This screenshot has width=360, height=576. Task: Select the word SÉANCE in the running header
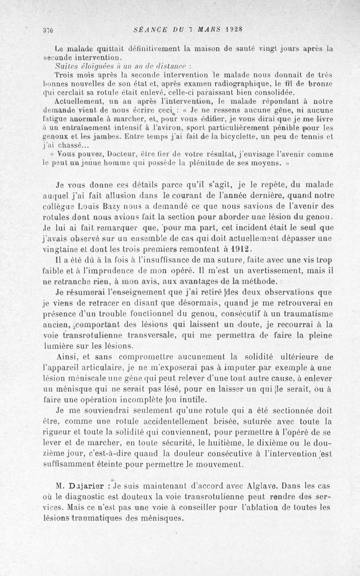[150, 30]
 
